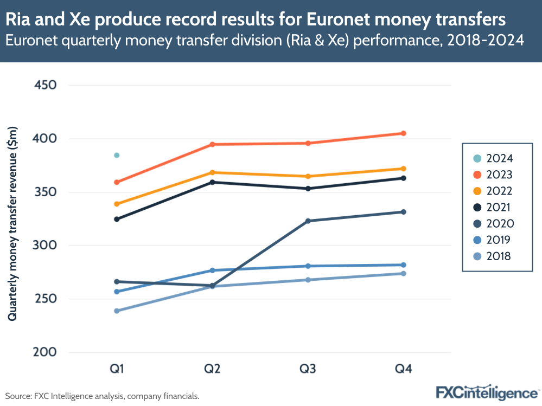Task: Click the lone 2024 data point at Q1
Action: (x=117, y=156)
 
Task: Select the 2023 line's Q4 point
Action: (x=404, y=133)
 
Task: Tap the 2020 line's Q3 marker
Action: (x=308, y=221)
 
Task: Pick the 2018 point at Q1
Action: (x=117, y=311)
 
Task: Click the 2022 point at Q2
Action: (x=212, y=172)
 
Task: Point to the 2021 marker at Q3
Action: (x=308, y=189)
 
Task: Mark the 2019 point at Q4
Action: (x=404, y=265)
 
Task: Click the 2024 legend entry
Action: (x=492, y=159)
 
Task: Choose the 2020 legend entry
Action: (x=492, y=224)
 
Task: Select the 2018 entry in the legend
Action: (x=492, y=256)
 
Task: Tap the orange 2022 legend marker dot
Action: (x=477, y=191)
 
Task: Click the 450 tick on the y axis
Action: (x=45, y=85)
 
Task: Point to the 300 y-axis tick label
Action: (x=45, y=246)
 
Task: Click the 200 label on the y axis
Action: (x=45, y=353)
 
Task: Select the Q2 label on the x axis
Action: (x=212, y=369)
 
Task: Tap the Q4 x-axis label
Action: (x=404, y=369)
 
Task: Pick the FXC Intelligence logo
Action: (x=487, y=392)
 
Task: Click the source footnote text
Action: (x=103, y=396)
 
